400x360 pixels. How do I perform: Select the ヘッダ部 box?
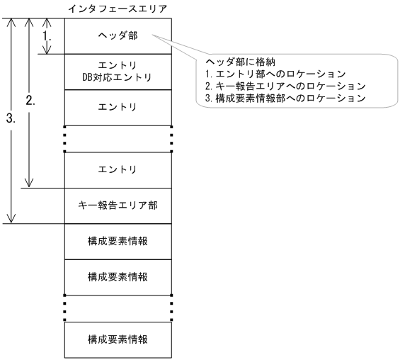tap(118, 35)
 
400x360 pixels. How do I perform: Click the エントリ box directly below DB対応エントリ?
tap(118, 108)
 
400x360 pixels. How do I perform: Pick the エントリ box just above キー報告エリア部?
tap(118, 170)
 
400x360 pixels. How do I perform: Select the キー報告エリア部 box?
tap(118, 206)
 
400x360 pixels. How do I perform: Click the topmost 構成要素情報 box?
tap(118, 241)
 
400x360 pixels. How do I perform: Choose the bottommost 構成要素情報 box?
tap(118, 339)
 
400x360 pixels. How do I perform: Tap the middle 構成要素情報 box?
tap(118, 276)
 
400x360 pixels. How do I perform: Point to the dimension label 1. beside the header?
tap(48, 34)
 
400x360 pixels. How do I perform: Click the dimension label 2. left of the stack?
tap(30, 101)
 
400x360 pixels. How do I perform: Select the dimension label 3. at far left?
tap(10, 120)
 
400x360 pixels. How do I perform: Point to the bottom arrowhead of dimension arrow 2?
tap(29, 183)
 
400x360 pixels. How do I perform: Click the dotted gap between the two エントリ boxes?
tap(118, 139)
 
